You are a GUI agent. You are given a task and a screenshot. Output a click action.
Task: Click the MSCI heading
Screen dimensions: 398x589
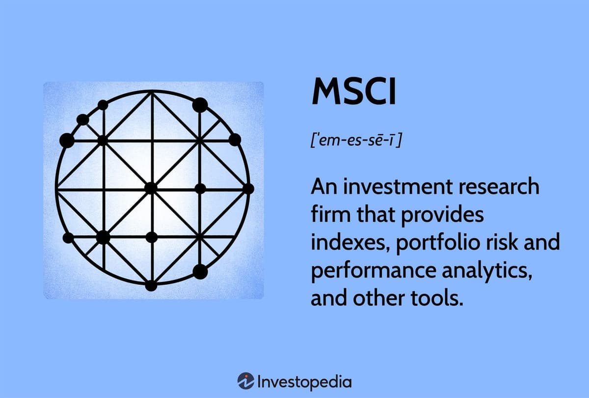(353, 92)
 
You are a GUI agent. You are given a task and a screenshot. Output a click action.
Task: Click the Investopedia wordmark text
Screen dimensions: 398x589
(304, 381)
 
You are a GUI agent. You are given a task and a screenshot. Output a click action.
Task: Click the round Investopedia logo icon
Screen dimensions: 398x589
(245, 381)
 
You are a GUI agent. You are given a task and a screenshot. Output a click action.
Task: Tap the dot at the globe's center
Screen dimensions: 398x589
(151, 188)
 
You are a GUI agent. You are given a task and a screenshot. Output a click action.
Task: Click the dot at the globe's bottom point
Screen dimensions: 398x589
(151, 285)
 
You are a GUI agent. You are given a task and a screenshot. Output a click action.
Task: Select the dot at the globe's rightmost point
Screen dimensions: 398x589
(248, 188)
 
